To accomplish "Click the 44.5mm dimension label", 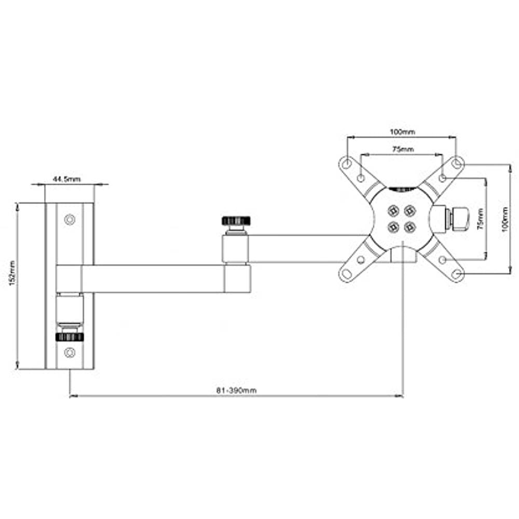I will (x=66, y=179).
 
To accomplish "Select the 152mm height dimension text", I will (x=11, y=286).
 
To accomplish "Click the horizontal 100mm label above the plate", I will (x=402, y=132).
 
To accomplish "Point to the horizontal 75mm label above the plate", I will (x=402, y=149).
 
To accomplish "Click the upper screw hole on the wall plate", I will (x=70, y=220).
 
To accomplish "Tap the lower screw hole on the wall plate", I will (x=70, y=353).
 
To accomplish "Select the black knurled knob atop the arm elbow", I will (x=236, y=221).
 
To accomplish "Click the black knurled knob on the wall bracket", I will (x=70, y=337).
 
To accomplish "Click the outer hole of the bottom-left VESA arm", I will (x=347, y=273).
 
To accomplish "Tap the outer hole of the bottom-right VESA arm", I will (x=456, y=273).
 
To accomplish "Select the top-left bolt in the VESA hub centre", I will (x=393, y=210).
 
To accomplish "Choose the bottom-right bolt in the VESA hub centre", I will (x=410, y=227).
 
